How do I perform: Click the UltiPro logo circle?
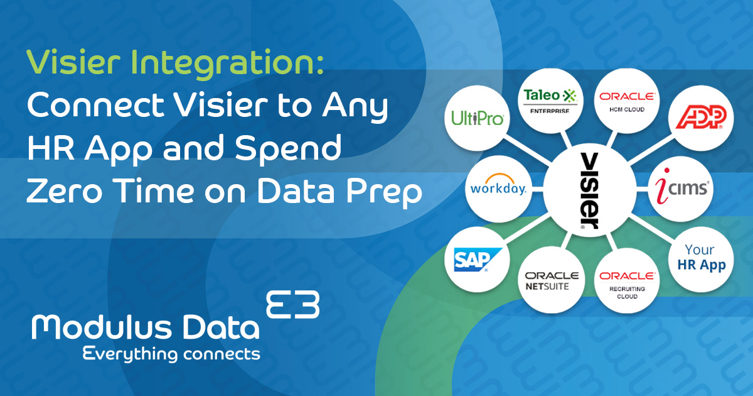[x=478, y=118]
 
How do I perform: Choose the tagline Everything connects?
[x=171, y=353]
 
